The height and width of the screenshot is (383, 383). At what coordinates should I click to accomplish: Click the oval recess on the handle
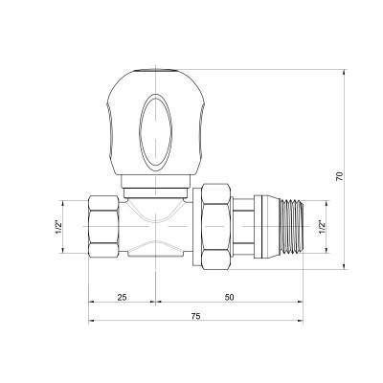click(x=151, y=127)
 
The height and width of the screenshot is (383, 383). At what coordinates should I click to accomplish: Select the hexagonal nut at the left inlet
click(x=104, y=225)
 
